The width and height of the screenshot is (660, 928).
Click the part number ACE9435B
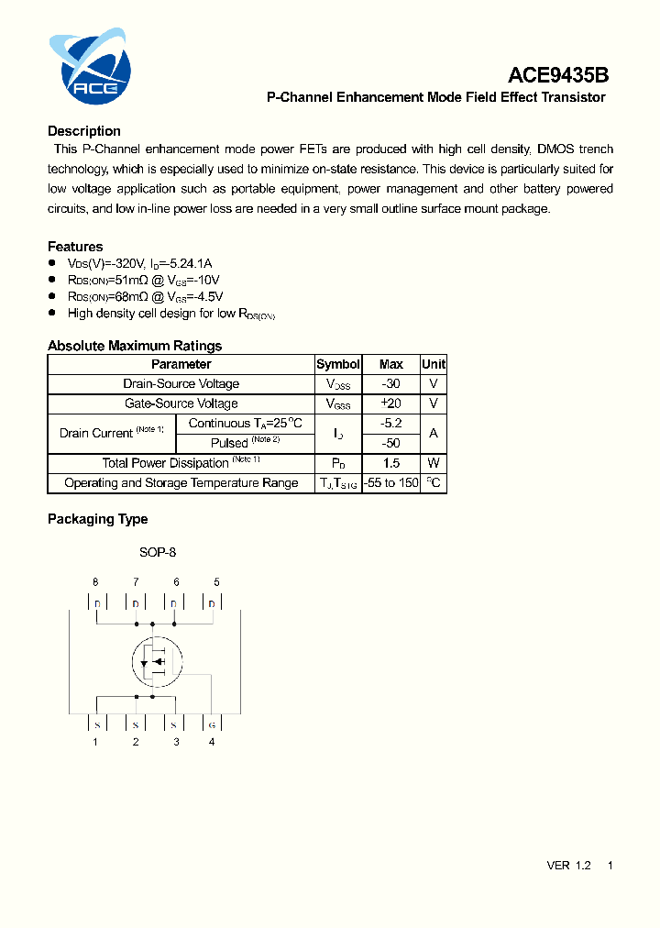[559, 76]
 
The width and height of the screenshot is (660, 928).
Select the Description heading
[84, 131]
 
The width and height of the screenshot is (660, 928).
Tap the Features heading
[75, 247]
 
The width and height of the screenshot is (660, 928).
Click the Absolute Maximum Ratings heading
[135, 346]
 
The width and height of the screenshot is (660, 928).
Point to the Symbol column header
[338, 364]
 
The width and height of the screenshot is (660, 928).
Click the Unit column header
[434, 364]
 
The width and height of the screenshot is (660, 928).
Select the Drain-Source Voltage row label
[181, 384]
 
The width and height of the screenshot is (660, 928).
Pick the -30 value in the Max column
[391, 384]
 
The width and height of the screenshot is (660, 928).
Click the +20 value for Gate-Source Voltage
[391, 403]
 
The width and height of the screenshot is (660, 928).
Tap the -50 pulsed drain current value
[391, 443]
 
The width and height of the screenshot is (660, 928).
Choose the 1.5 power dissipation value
[391, 463]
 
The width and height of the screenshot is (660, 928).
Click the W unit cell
[434, 463]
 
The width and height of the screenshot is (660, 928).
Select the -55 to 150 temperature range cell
[391, 483]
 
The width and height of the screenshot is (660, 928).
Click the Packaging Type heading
[97, 519]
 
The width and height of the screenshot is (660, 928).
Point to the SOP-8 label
[158, 552]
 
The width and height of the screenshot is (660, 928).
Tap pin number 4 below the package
[212, 741]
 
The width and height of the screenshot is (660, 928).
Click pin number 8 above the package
[95, 581]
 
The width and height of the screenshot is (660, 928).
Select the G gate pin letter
[212, 724]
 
